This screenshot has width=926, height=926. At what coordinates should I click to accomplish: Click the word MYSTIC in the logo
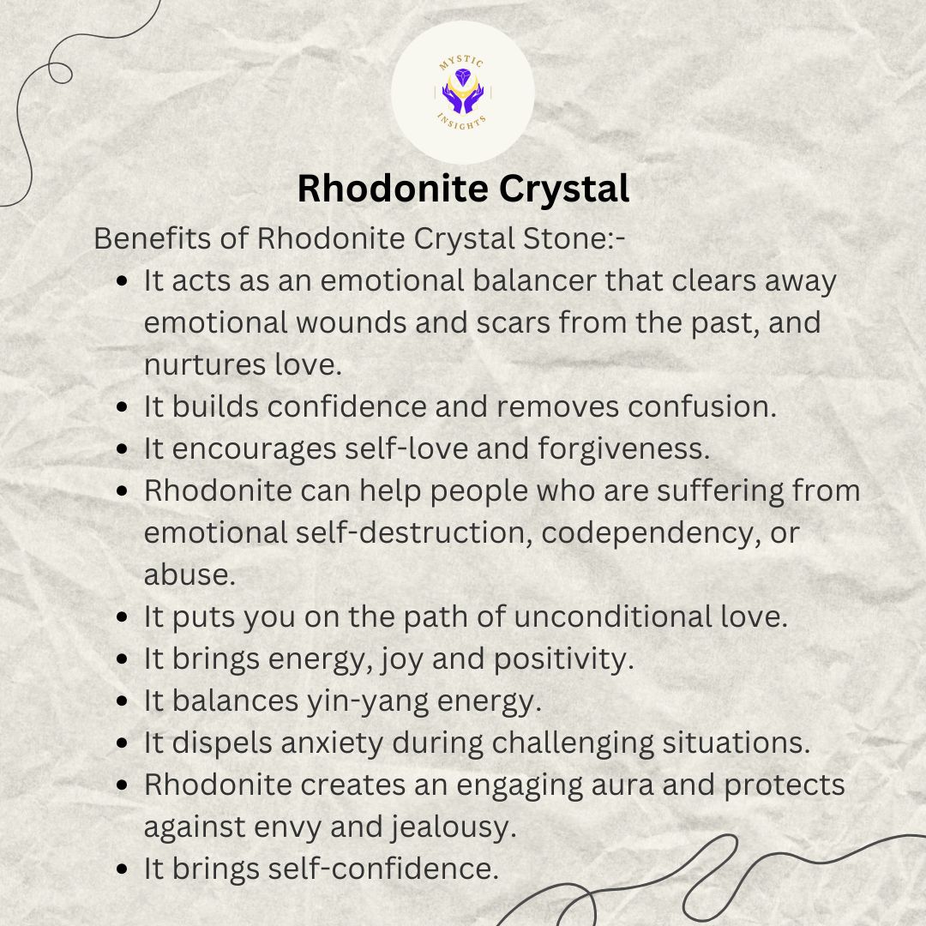[461, 62]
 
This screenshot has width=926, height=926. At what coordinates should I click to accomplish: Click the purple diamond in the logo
[462, 77]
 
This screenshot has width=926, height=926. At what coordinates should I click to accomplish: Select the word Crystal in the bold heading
[564, 189]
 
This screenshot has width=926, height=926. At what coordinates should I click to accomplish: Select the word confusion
[702, 406]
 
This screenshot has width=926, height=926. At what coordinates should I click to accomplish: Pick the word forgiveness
[623, 448]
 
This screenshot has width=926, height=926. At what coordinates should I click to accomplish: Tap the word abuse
[189, 574]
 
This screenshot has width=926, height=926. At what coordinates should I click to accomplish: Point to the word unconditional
[613, 616]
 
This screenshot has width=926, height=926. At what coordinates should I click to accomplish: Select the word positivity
[564, 659]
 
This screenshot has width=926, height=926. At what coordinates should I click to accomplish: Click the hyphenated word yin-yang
[367, 701]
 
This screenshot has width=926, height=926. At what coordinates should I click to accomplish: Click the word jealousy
[454, 827]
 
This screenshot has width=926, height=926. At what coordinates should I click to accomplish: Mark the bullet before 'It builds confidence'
[123, 407]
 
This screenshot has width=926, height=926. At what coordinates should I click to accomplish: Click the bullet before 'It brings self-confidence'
[123, 869]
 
